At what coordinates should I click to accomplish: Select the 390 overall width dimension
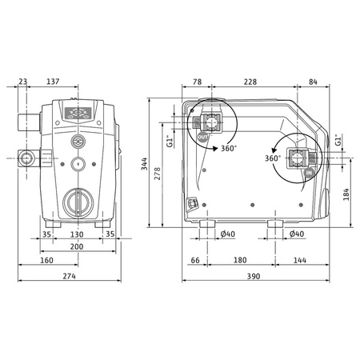[253, 276]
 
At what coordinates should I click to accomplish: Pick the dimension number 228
[250, 82]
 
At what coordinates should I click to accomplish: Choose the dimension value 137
[76, 82]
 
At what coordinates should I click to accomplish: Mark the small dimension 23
[22, 82]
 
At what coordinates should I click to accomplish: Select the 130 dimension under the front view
[77, 234]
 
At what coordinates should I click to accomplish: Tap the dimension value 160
[46, 262]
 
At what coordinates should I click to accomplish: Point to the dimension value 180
[239, 262]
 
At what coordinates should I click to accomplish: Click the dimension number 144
[300, 262]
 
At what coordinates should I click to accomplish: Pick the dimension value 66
[194, 262]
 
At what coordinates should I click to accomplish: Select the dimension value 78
[197, 82]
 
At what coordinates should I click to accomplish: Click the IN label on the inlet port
[309, 172]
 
